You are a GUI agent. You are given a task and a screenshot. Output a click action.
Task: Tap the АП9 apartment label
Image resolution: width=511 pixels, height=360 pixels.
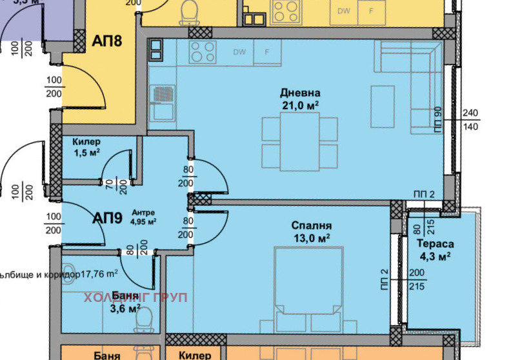(x=107, y=217)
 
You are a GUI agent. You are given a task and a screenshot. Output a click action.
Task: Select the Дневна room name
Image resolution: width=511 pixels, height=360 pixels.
(x=300, y=93)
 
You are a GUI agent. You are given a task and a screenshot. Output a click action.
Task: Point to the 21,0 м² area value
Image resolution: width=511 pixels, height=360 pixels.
(x=300, y=105)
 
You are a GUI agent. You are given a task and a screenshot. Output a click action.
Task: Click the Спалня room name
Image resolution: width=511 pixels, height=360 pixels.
(x=311, y=226)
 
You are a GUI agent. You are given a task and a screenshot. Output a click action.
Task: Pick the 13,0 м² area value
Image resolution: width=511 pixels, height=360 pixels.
(x=311, y=237)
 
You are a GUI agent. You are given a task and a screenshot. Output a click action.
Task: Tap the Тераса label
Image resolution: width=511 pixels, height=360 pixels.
(x=435, y=244)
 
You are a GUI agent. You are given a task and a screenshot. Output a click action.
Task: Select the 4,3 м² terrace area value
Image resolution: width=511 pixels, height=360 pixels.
(x=435, y=256)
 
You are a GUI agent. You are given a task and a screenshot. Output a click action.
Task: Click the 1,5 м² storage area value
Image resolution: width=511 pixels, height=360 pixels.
(x=86, y=153)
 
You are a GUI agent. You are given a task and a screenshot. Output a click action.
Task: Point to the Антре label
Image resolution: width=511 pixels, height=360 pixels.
(x=143, y=212)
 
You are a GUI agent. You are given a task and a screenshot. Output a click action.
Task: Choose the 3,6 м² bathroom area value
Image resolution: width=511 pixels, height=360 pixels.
(x=125, y=308)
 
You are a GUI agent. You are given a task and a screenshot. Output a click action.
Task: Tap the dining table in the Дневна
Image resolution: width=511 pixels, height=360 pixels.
(x=299, y=141)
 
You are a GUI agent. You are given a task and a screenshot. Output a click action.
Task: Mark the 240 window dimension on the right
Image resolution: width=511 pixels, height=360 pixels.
(x=471, y=113)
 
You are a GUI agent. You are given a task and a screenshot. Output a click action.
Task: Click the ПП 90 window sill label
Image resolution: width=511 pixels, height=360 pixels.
(x=437, y=119)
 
